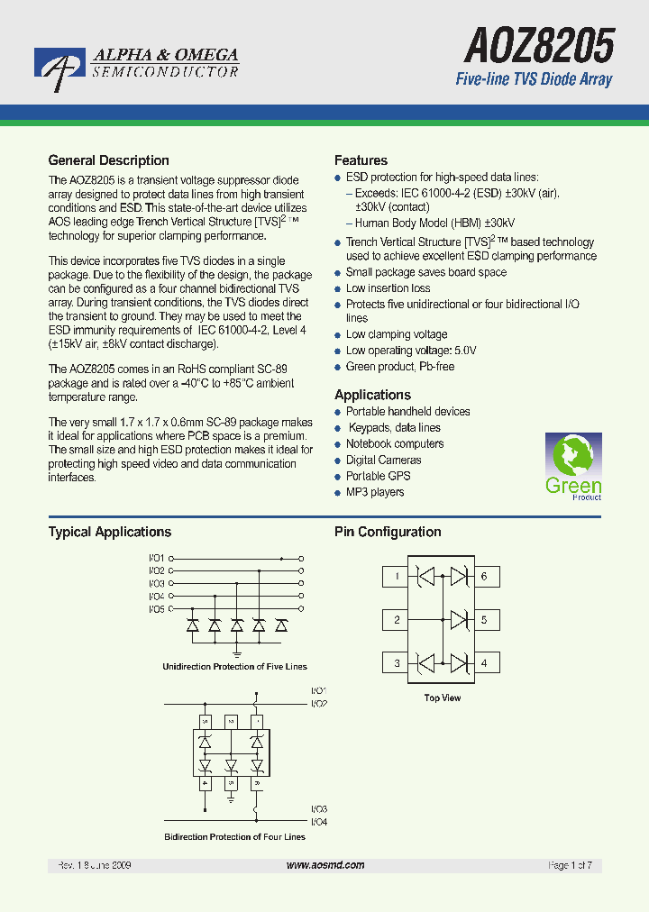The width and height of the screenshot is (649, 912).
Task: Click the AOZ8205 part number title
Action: click(539, 43)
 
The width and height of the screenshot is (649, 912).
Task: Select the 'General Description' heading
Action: click(108, 160)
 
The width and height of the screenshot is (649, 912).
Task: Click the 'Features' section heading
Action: click(361, 160)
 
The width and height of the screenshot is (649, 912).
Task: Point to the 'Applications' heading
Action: click(372, 395)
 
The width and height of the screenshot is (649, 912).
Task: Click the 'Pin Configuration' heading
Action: click(388, 532)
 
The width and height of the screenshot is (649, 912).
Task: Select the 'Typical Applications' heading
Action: click(109, 532)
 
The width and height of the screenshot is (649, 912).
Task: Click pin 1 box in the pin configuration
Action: click(397, 577)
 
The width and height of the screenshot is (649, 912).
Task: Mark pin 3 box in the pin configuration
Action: click(397, 664)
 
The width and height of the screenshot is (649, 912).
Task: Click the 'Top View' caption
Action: click(443, 698)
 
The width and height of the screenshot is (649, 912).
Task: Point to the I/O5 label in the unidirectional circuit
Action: click(156, 609)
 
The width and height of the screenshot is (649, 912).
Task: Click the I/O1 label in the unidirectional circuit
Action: click(156, 559)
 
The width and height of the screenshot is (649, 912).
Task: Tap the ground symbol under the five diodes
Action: click(237, 651)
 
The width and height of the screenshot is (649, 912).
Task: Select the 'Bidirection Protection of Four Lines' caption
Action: click(234, 837)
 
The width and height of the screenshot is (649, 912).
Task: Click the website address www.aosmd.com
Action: click(325, 865)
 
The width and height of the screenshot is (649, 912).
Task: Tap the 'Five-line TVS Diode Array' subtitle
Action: click(534, 79)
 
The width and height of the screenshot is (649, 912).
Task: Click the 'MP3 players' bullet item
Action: click(374, 492)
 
